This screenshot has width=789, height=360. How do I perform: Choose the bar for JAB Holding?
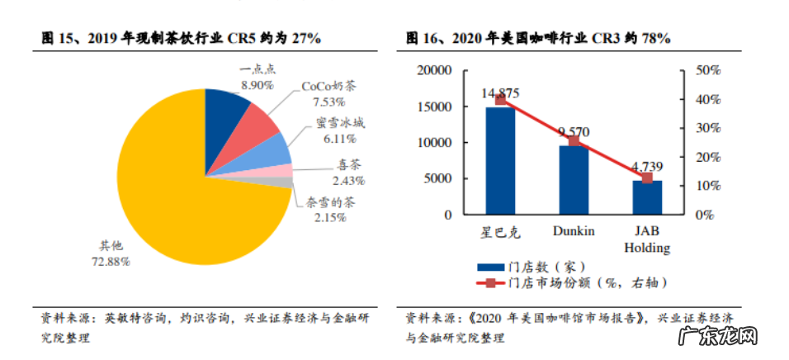click(x=647, y=197)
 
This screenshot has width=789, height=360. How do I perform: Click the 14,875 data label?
click(x=500, y=92)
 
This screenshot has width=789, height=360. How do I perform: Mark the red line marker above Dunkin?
click(x=574, y=141)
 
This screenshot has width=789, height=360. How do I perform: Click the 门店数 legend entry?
click(x=531, y=267)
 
